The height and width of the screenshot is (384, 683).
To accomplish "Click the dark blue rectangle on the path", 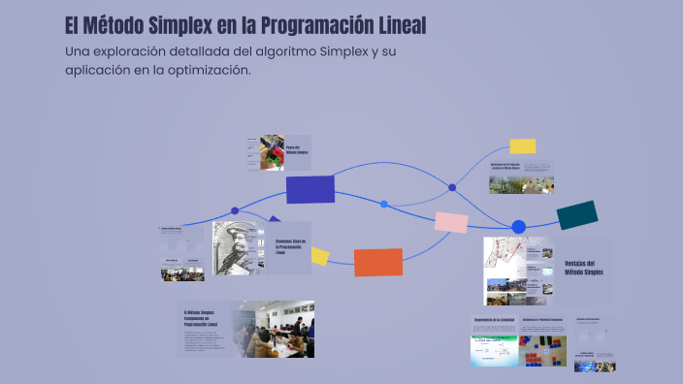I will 309,189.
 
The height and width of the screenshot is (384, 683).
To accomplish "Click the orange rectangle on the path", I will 377,262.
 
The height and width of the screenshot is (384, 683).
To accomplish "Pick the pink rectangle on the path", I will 451,222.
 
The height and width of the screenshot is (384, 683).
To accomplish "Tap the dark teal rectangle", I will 576,215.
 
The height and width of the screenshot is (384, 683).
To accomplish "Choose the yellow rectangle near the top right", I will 522,146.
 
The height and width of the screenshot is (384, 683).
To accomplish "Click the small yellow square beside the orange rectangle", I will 319,256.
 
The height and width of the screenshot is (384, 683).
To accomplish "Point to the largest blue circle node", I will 518,227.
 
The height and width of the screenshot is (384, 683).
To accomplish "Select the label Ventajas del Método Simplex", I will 583,268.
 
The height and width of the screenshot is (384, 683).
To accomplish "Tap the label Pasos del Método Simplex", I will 296,150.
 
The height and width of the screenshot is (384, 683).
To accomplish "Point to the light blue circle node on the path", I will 384,204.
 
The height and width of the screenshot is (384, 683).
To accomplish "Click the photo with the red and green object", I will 273,153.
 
